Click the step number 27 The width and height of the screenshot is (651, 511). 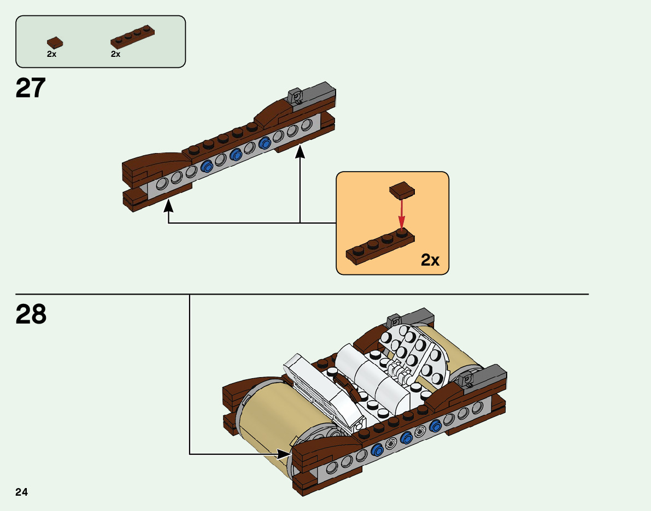31,88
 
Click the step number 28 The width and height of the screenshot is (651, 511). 31,314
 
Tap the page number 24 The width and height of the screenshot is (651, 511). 22,492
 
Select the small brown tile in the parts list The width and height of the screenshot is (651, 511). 55,42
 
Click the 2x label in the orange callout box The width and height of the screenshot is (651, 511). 430,260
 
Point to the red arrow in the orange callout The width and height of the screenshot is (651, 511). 402,213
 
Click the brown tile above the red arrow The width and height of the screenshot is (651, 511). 402,190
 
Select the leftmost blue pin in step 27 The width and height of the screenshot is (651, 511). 207,167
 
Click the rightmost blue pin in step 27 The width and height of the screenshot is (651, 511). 266,143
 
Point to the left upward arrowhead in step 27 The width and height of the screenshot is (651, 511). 168,205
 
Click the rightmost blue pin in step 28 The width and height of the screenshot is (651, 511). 436,426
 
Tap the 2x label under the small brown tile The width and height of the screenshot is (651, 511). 51,55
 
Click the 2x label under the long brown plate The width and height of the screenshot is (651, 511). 115,55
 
